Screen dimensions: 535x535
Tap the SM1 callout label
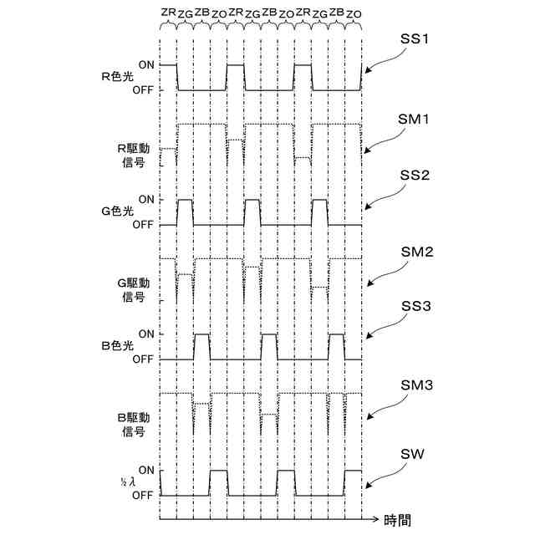tap(415, 120)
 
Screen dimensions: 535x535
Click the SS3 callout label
tap(415, 308)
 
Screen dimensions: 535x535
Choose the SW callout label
tap(411, 454)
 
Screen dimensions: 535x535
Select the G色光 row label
tap(117, 211)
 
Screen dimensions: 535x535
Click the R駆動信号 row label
tap(132, 155)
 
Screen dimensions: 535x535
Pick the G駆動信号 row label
tap(132, 289)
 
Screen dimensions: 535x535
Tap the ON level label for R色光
tap(146, 64)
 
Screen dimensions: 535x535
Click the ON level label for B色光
tap(146, 334)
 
